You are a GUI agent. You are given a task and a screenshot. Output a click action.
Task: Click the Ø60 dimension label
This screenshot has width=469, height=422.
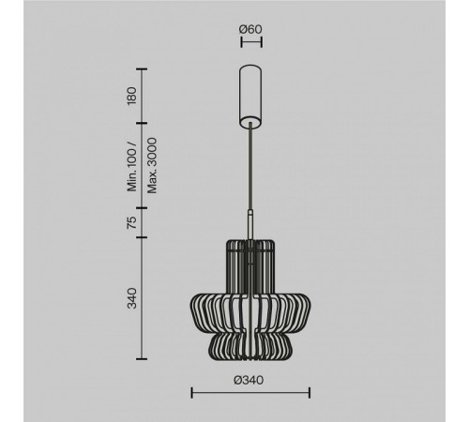250,29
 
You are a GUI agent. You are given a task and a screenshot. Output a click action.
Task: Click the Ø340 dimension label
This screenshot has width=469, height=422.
249,381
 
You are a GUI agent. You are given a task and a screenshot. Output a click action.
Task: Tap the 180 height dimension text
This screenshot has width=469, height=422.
132,96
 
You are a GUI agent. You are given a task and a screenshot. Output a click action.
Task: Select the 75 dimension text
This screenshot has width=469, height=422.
132,222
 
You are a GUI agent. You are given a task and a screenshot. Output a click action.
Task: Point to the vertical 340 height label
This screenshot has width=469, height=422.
132,298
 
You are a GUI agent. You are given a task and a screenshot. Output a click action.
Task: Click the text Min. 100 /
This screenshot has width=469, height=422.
132,167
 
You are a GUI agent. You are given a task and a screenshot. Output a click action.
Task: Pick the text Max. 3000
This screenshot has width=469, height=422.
152,165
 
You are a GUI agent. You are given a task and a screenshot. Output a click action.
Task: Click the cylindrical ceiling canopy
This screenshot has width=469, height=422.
250,97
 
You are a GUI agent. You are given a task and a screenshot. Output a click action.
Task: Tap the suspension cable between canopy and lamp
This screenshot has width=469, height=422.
250,166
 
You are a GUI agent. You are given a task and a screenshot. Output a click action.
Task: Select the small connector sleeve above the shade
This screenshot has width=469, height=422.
250,224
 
